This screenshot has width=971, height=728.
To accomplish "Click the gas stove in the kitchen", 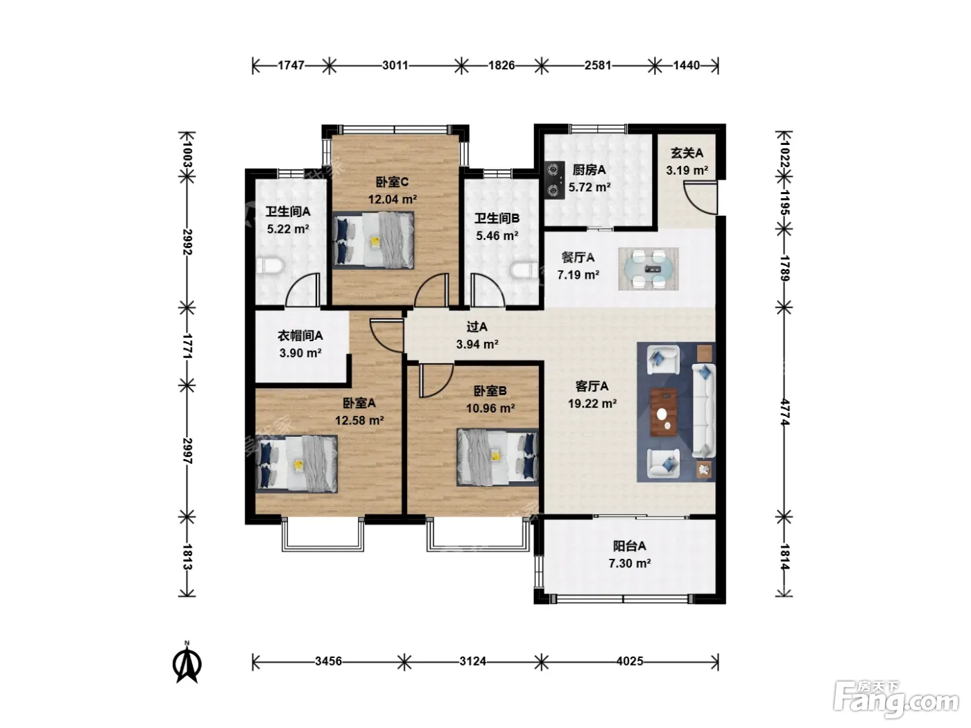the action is click(x=555, y=180).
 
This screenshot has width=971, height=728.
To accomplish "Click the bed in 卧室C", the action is click(x=373, y=240).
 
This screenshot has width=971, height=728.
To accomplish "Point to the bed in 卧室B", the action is click(x=498, y=457).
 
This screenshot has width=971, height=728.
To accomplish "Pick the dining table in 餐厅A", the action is click(x=648, y=269).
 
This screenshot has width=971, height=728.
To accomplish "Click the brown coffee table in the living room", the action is click(x=664, y=412).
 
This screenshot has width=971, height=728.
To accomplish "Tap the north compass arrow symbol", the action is click(x=187, y=664).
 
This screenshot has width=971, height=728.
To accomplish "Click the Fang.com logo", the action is click(x=896, y=700).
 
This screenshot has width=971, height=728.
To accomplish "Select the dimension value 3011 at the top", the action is click(x=395, y=65).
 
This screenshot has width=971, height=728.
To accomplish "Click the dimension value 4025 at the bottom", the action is click(x=630, y=661).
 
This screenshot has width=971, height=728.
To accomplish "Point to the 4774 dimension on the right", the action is click(x=784, y=413).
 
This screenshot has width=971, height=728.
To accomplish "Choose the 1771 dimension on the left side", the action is click(x=187, y=347).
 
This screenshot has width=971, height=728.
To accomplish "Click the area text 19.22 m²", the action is click(x=592, y=404).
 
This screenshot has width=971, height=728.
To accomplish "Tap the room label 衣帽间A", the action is click(x=300, y=336).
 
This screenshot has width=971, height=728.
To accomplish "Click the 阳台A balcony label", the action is click(x=630, y=546).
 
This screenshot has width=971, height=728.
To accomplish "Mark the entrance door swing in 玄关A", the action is click(x=699, y=198).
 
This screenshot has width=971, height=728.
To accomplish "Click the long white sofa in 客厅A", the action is click(x=703, y=410).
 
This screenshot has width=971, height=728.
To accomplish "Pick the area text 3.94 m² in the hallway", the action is click(x=478, y=345).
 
